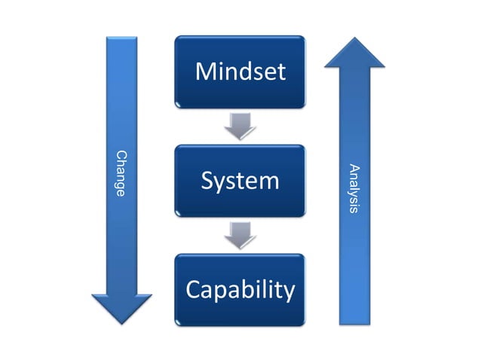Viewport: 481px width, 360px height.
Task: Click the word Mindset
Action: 240,72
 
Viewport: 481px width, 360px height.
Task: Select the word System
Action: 240,181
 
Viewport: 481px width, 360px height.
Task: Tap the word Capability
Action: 240,290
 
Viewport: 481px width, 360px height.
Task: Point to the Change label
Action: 121,173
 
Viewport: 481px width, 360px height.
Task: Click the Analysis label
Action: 355,188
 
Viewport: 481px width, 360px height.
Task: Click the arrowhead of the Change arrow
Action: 121,309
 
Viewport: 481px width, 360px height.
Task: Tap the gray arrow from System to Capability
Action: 240,235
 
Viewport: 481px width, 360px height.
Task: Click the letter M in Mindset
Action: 205,72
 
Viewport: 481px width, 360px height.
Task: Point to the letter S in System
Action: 207,181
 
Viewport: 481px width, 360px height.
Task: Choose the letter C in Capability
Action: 193,290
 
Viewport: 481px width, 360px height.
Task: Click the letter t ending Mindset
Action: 281,72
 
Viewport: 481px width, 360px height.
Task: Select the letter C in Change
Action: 121,154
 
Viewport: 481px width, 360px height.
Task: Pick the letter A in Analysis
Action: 355,167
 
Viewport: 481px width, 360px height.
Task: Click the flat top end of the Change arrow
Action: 121,38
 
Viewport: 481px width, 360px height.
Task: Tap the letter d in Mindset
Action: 244,72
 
